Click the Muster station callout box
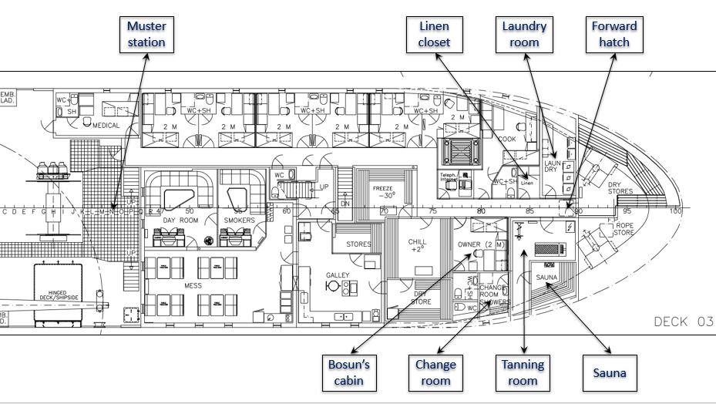pyautogui.click(x=146, y=34)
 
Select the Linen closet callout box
pyautogui.click(x=434, y=34)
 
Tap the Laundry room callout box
pyautogui.click(x=524, y=34)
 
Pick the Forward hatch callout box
pyautogui.click(x=614, y=34)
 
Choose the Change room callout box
pyautogui.click(x=435, y=372)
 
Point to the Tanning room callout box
pyautogui.click(x=523, y=372)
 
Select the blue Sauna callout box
pyautogui.click(x=609, y=373)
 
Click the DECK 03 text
pyautogui.click(x=683, y=322)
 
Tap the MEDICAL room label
pyautogui.click(x=106, y=126)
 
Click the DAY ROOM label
pyautogui.click(x=180, y=221)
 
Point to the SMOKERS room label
pyautogui.click(x=240, y=221)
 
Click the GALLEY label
pyautogui.click(x=338, y=274)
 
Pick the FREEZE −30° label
pyautogui.click(x=384, y=192)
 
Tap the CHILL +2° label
pyautogui.click(x=417, y=245)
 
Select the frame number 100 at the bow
pyautogui.click(x=676, y=210)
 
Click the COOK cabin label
pyautogui.click(x=506, y=139)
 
